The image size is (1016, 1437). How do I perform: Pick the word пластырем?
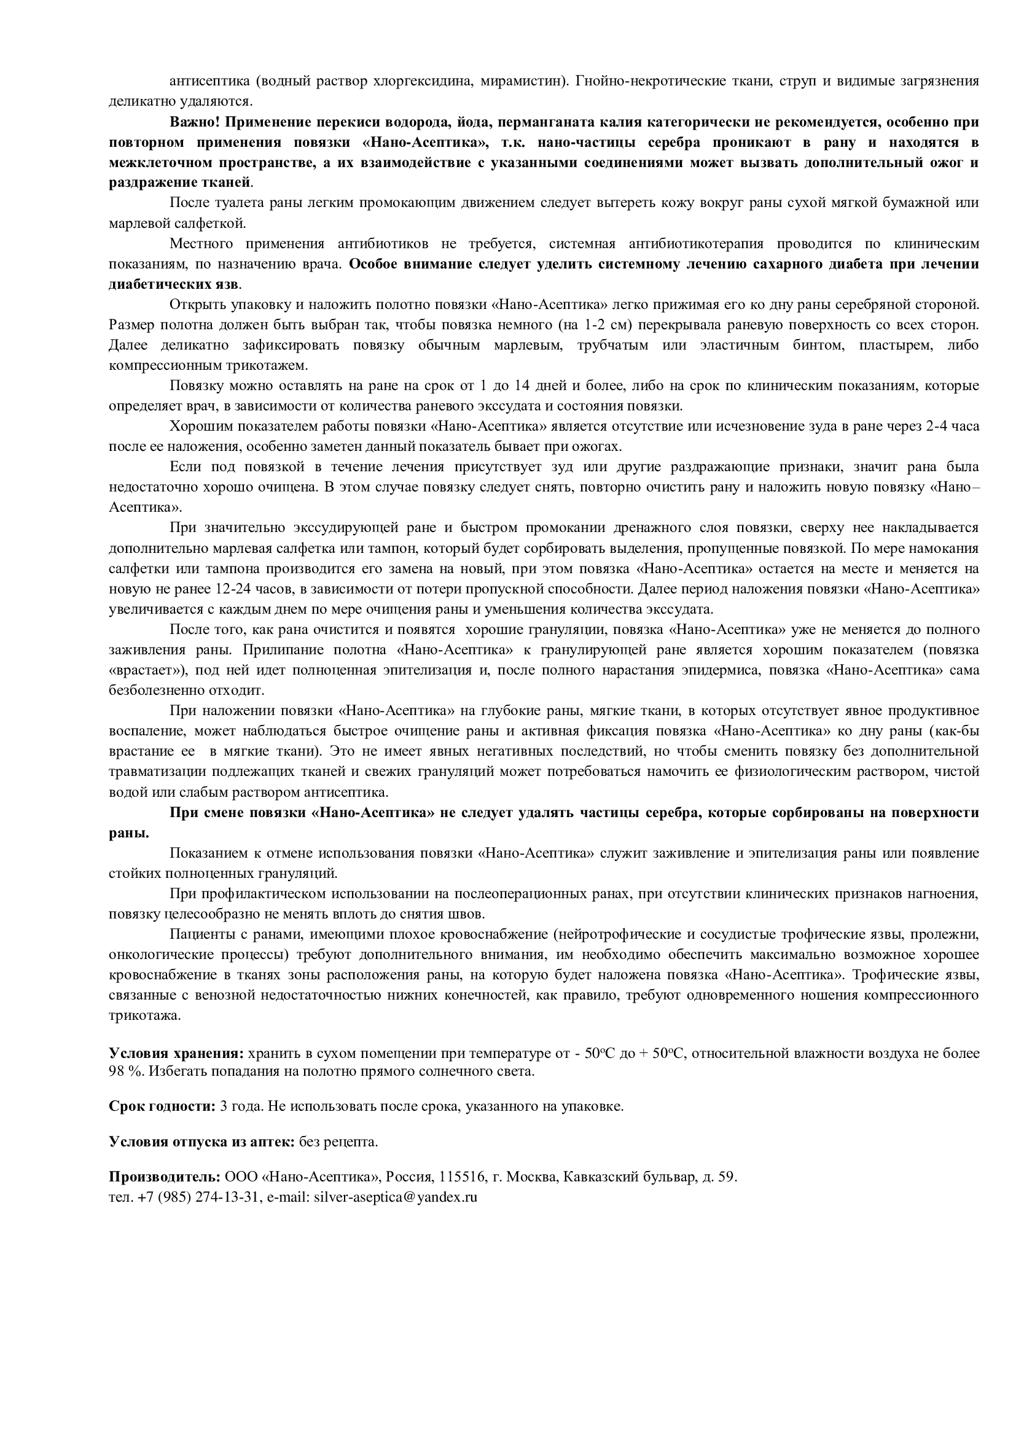point(891,345)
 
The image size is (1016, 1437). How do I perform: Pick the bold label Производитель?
point(165,1177)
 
